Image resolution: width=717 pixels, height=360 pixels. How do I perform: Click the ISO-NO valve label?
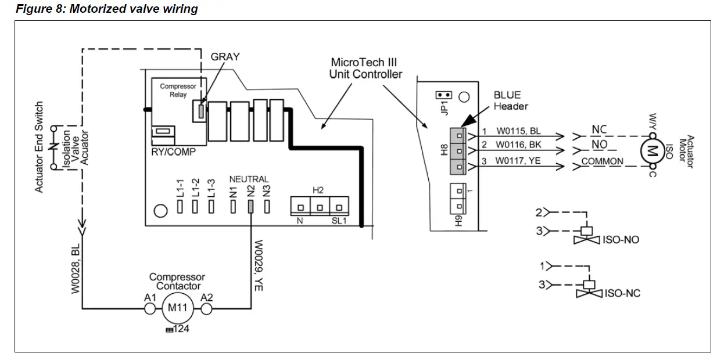622,239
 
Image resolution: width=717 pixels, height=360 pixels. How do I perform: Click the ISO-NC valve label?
622,293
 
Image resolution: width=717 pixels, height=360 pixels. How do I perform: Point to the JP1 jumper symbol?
444,95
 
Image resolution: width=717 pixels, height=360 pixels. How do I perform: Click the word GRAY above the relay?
225,57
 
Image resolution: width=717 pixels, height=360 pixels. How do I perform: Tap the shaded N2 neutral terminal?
251,206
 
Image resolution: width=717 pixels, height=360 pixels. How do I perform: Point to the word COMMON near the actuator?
602,161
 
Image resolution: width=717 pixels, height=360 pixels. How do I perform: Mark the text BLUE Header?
510,100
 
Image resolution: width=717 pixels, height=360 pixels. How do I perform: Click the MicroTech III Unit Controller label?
365,68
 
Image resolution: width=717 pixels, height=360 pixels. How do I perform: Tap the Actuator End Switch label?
39,147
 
